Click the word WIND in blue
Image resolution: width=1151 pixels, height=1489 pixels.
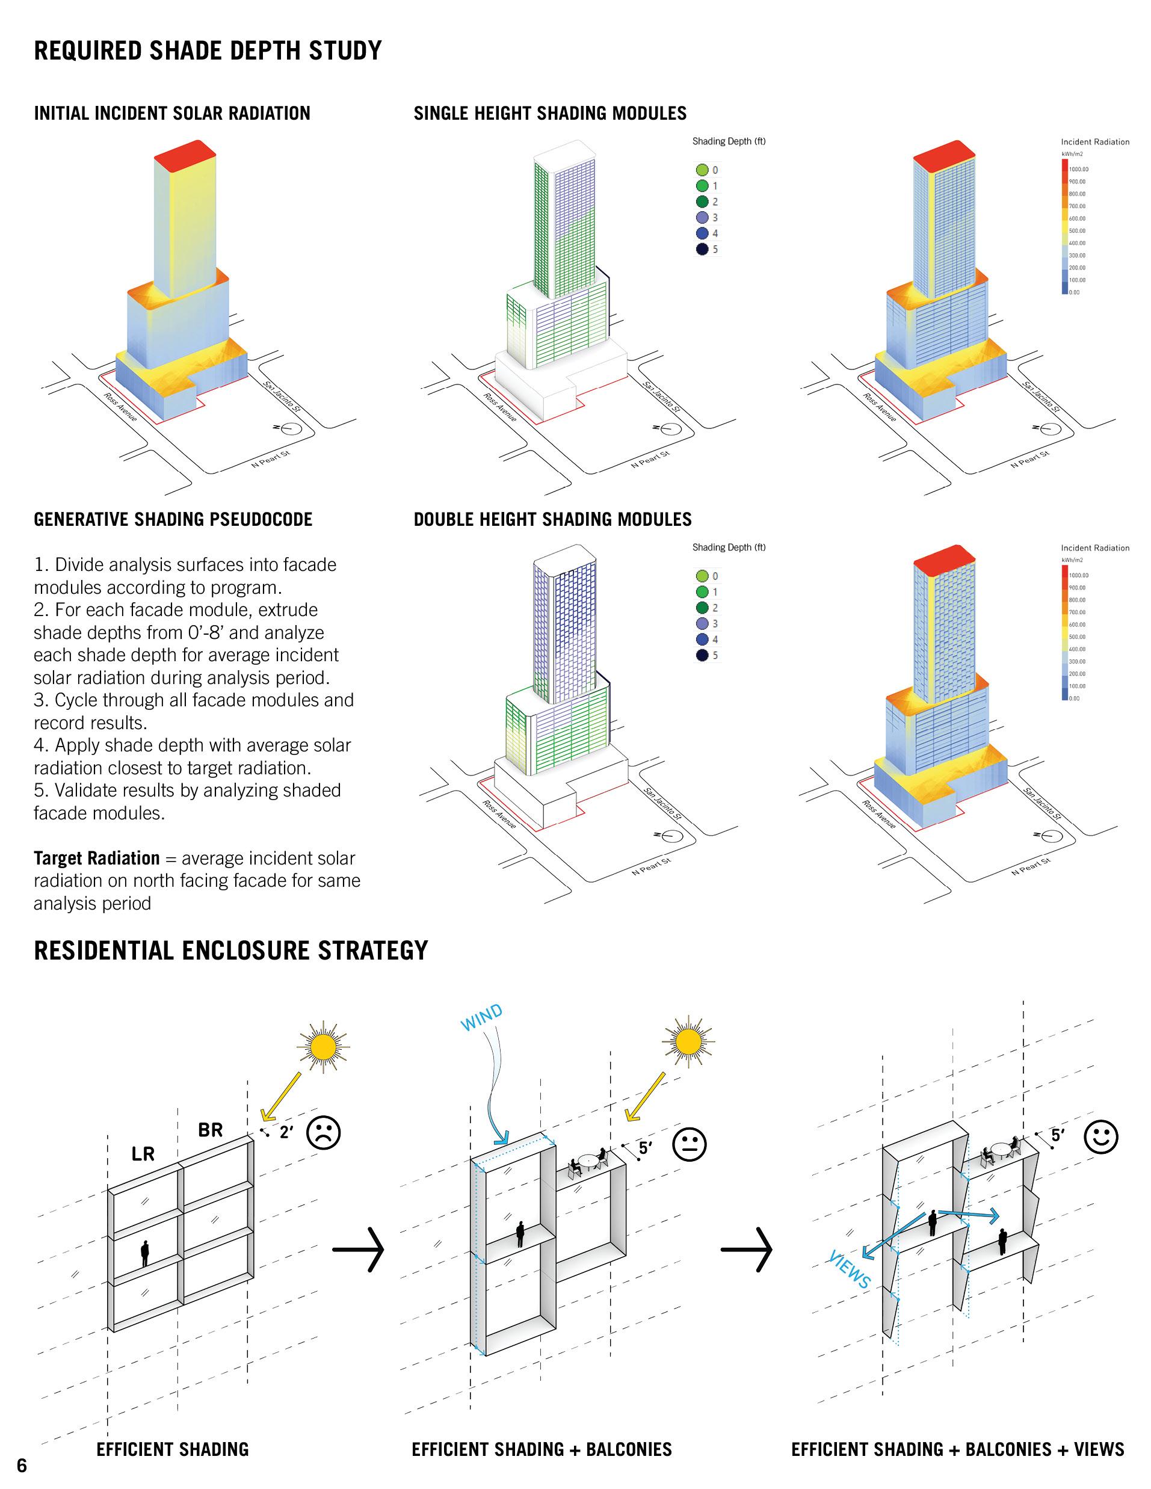pyautogui.click(x=481, y=1017)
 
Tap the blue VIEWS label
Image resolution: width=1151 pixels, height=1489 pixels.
pyautogui.click(x=849, y=1269)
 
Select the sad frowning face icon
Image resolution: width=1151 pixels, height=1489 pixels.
pyautogui.click(x=324, y=1132)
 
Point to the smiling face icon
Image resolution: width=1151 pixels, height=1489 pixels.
pyautogui.click(x=1100, y=1136)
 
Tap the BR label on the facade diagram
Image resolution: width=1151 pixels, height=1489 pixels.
pyautogui.click(x=211, y=1130)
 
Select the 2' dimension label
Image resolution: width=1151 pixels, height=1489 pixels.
pyautogui.click(x=286, y=1132)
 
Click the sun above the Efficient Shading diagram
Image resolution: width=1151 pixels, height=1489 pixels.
pyautogui.click(x=323, y=1047)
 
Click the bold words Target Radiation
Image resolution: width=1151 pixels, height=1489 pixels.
pyautogui.click(x=96, y=859)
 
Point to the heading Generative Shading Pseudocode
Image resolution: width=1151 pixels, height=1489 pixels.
pyautogui.click(x=173, y=520)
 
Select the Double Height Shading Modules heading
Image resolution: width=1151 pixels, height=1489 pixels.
pyautogui.click(x=552, y=520)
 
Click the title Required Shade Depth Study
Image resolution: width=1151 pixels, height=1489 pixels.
pyautogui.click(x=208, y=51)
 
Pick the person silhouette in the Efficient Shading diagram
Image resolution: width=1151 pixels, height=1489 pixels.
pyautogui.click(x=144, y=1253)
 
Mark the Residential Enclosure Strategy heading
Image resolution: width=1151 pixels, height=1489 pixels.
pyautogui.click(x=231, y=951)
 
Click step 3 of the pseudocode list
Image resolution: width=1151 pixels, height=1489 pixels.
pyautogui.click(x=194, y=711)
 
